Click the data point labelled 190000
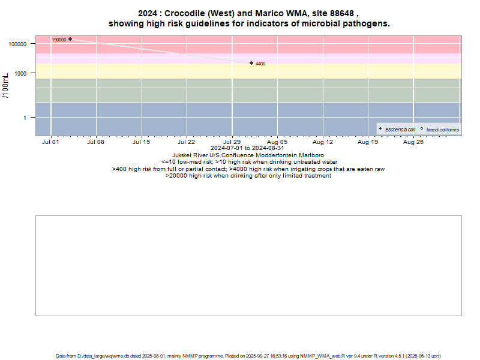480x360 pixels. tap(70, 39)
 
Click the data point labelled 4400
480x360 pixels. tap(251, 63)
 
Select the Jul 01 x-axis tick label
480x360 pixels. tap(50, 142)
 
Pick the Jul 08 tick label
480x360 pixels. tap(95, 142)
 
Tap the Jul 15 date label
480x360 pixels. tap(141, 142)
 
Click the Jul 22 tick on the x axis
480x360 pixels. tap(187, 142)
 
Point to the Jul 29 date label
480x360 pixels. tap(232, 142)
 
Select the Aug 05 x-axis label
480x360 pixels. tap(277, 142)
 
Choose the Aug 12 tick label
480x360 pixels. tap(323, 142)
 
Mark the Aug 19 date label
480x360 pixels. tap(368, 142)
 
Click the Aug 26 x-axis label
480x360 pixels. tap(413, 142)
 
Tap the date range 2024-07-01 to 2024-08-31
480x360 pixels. tap(248, 148)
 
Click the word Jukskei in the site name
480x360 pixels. tap(184, 155)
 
